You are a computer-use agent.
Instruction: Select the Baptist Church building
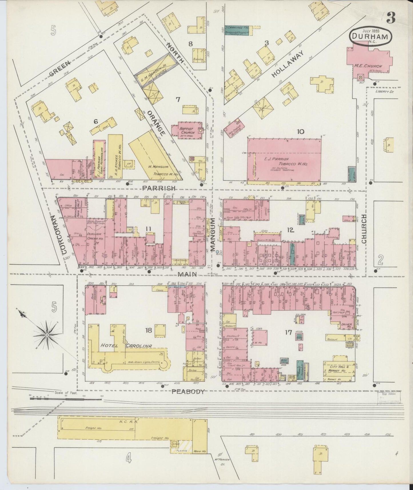click(x=187, y=131)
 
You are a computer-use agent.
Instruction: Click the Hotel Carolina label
click(x=126, y=346)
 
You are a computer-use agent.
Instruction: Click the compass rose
click(x=46, y=334)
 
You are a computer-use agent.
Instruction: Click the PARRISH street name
click(x=159, y=188)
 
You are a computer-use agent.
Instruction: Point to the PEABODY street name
click(x=188, y=392)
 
